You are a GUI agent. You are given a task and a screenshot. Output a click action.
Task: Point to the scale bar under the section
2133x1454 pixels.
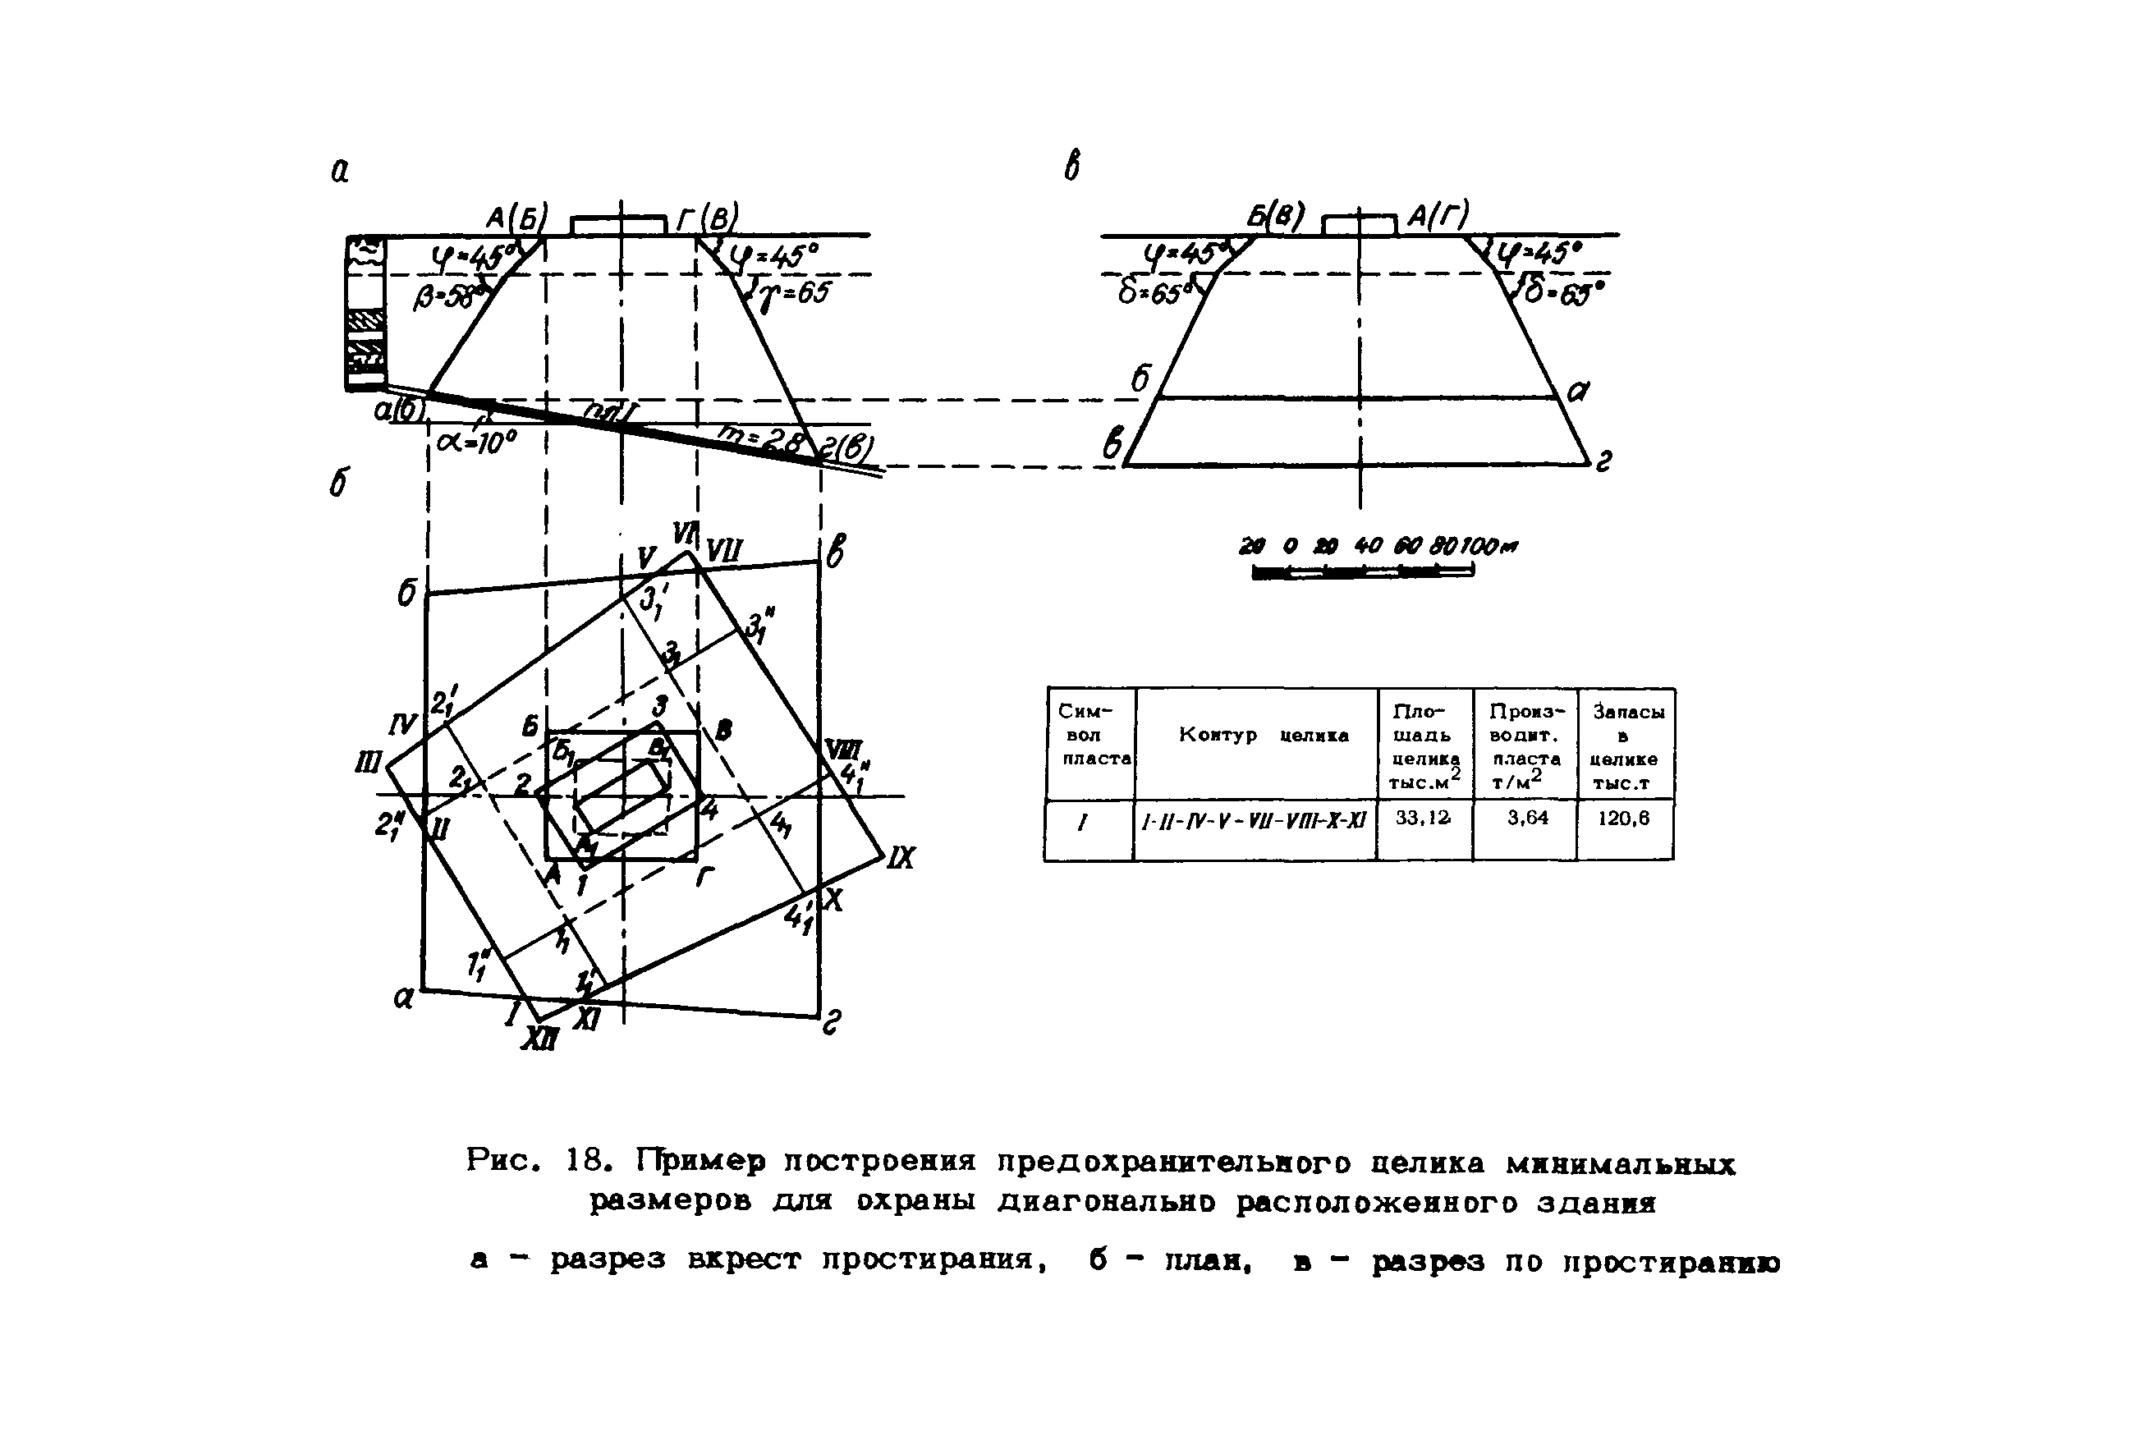click(1363, 571)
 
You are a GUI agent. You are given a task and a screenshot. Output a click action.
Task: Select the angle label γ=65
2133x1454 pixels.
click(795, 294)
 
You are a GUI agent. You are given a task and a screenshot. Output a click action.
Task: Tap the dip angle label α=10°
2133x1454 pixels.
click(477, 443)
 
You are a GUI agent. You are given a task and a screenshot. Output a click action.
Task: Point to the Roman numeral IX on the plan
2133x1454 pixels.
click(901, 858)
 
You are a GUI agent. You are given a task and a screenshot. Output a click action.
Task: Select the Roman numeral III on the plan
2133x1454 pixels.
click(368, 763)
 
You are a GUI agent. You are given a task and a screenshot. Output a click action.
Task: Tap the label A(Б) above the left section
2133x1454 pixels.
click(516, 218)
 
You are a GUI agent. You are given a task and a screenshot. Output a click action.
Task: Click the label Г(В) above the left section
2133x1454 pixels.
click(707, 218)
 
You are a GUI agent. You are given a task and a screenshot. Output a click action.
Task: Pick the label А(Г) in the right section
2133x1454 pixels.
click(1438, 216)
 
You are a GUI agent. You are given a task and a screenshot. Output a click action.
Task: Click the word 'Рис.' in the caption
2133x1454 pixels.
click(500, 1161)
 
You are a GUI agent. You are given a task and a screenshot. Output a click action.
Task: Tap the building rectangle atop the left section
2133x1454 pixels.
click(617, 225)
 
